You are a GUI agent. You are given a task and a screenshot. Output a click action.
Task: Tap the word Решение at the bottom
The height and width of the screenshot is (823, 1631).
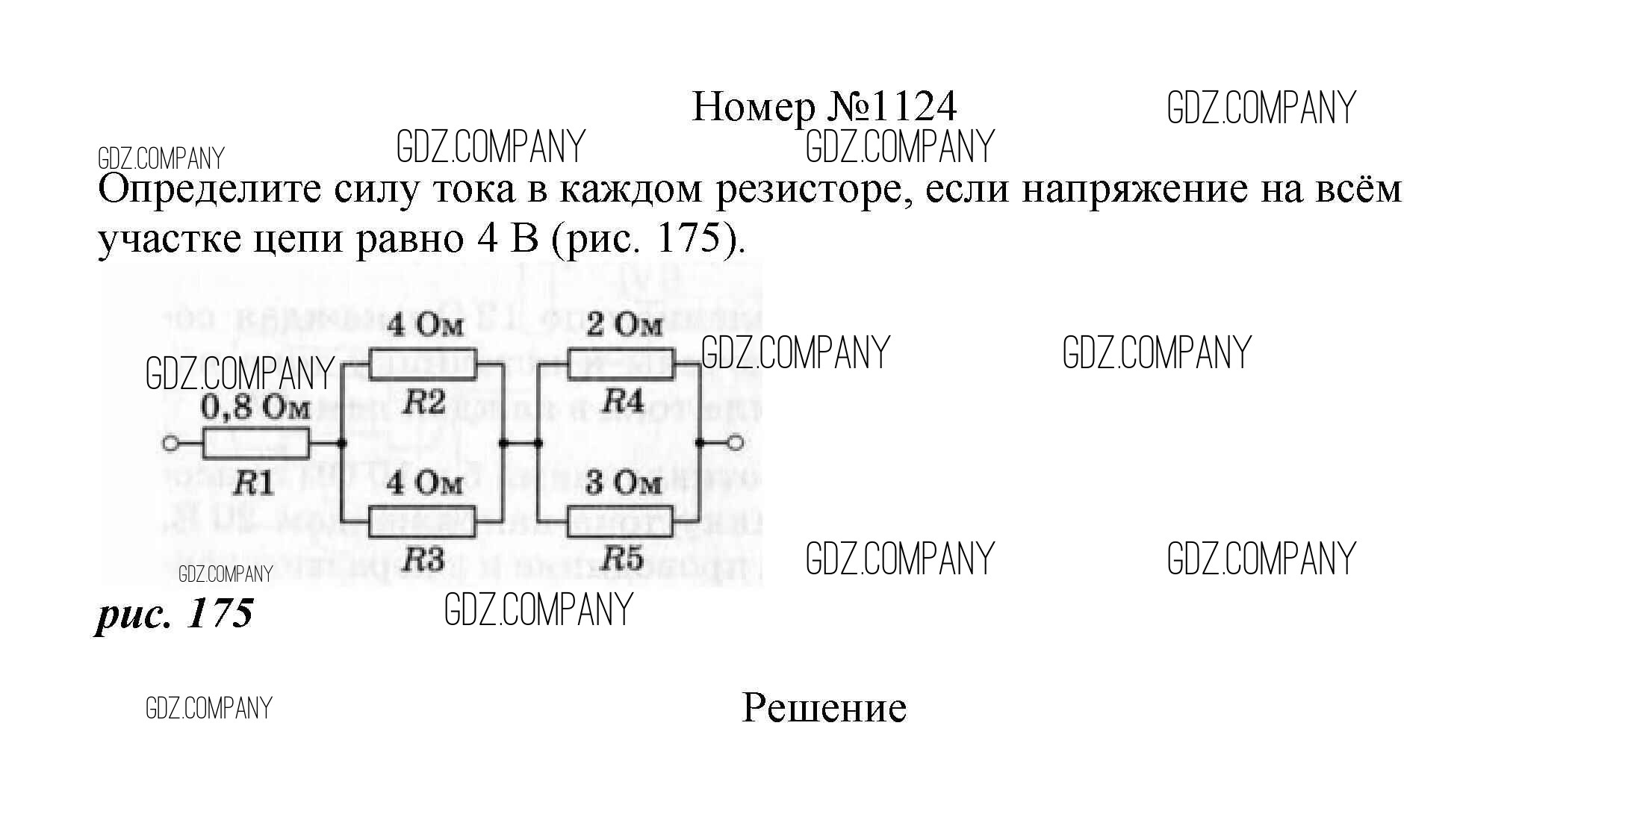tap(824, 708)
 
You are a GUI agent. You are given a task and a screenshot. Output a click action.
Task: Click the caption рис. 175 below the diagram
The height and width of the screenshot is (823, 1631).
tap(175, 614)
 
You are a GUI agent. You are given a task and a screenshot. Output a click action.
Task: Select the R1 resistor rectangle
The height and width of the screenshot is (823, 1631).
tap(255, 444)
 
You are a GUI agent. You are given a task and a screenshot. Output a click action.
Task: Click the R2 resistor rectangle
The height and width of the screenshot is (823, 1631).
tap(423, 366)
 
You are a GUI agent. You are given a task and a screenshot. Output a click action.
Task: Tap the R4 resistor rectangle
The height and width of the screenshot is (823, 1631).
tap(621, 366)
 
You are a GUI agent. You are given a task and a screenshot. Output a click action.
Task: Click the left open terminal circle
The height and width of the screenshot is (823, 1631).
tap(170, 444)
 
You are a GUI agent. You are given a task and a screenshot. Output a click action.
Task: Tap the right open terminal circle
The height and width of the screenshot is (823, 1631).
tap(736, 443)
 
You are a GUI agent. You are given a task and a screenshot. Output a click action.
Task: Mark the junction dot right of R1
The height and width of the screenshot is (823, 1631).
tap(341, 444)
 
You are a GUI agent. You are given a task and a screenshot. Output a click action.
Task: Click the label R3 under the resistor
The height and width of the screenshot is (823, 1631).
tap(423, 559)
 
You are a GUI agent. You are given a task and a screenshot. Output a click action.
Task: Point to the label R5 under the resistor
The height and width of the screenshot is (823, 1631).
tap(623, 559)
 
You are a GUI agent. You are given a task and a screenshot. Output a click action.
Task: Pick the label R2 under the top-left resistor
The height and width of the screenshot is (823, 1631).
tap(423, 403)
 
